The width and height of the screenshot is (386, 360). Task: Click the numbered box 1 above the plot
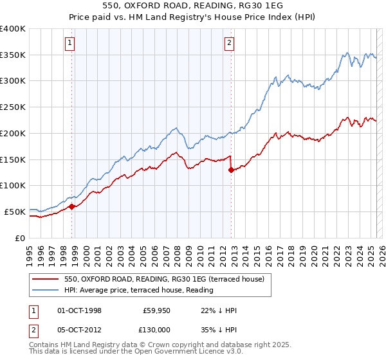click(x=69, y=44)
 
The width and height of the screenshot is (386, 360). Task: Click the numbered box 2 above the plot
click(x=229, y=44)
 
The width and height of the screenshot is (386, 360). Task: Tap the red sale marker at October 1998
click(x=72, y=206)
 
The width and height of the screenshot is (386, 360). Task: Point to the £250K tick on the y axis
click(x=13, y=107)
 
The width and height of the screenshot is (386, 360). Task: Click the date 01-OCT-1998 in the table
click(x=80, y=310)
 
